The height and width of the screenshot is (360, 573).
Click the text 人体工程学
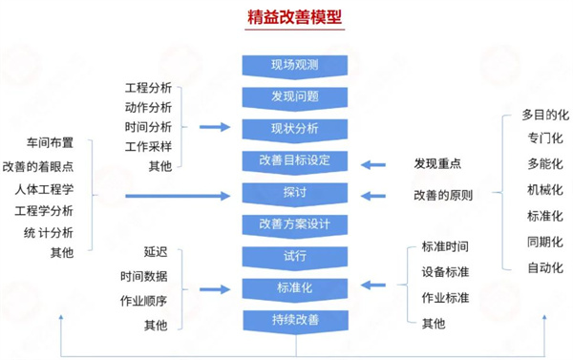pos(43,188)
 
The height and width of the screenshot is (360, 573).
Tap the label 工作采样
pos(148,145)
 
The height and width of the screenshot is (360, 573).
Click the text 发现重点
pos(438,163)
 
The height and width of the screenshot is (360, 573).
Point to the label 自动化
pos(544,267)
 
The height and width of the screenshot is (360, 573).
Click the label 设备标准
pos(445,272)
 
